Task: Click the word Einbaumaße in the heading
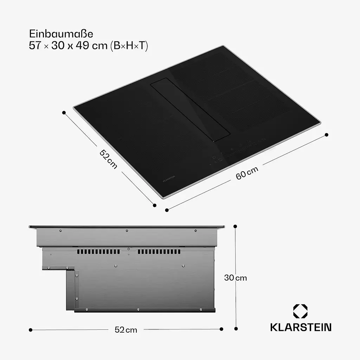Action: [61, 34]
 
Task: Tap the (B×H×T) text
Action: [129, 46]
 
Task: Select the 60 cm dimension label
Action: [247, 173]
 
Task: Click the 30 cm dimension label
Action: [236, 278]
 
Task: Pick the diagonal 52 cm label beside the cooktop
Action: [109, 159]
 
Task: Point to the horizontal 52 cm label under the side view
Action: [126, 330]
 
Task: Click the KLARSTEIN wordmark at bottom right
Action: [301, 327]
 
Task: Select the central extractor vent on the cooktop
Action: [190, 111]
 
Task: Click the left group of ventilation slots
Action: [98, 252]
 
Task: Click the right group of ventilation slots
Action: [159, 252]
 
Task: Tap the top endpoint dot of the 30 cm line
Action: [236, 226]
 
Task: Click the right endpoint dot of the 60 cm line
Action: [326, 135]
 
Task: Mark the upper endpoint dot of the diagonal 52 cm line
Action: [64, 112]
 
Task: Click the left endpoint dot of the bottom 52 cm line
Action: [31, 330]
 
